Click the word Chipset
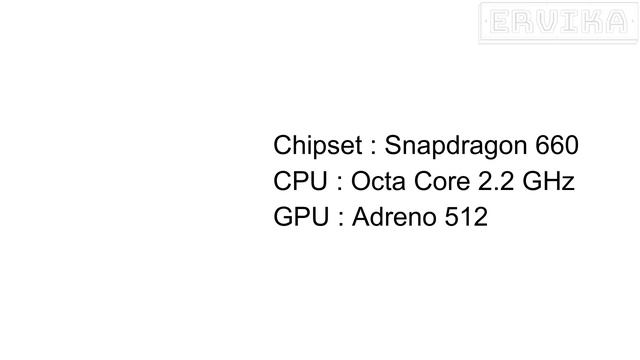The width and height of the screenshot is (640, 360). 318,146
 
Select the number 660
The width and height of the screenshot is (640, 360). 557,145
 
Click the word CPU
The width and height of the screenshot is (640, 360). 300,181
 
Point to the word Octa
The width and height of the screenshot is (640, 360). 378,181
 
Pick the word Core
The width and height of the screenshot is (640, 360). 442,181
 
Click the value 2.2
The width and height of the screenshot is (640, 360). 496,181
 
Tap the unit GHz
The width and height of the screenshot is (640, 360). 549,181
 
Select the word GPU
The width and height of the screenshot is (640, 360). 301,216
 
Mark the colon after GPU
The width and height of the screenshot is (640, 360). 341,219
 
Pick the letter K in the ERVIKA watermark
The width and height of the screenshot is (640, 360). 591,22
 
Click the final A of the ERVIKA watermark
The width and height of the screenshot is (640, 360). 616,22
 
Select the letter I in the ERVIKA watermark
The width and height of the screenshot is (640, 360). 570,22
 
